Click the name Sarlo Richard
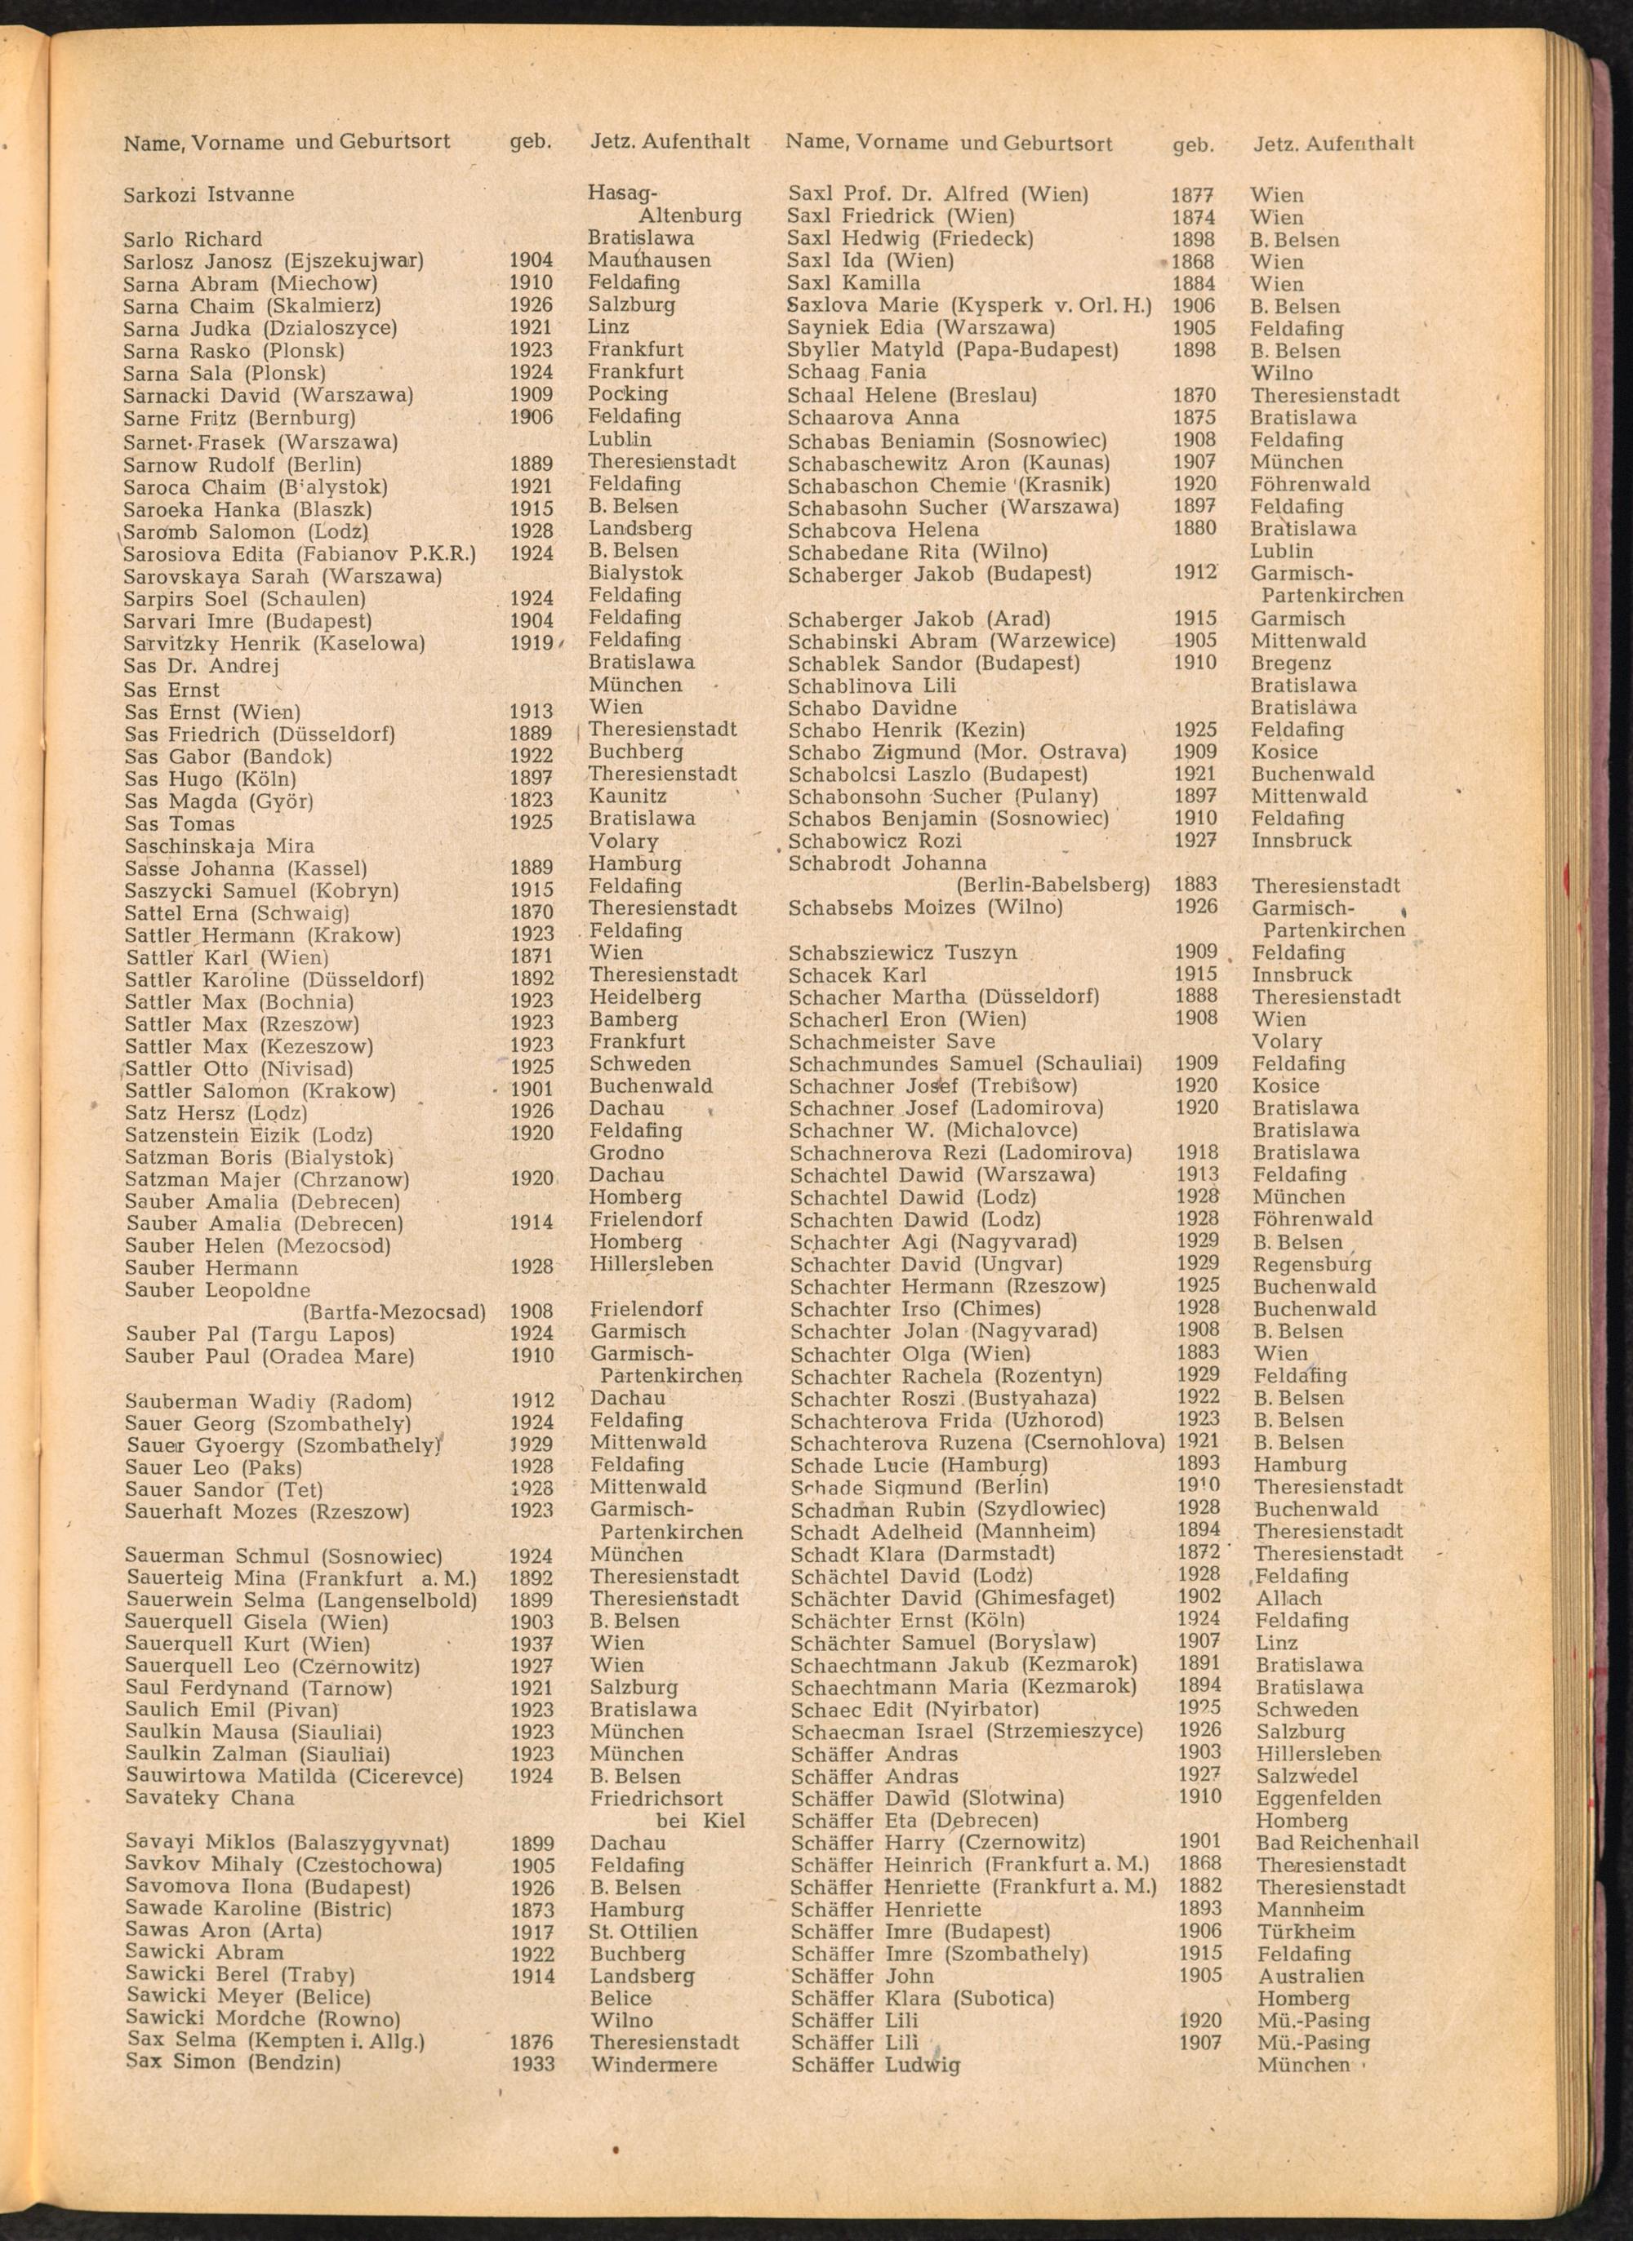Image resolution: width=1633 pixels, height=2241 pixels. (x=193, y=239)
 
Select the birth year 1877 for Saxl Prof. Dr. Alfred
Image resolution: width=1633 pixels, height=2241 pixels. (x=1192, y=195)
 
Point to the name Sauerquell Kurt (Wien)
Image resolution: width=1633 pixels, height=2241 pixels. (x=247, y=1644)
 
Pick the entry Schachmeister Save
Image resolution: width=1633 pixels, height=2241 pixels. (x=892, y=1041)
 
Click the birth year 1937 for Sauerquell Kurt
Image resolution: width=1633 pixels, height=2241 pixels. (x=532, y=1644)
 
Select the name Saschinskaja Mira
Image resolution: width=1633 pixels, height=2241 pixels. (x=220, y=845)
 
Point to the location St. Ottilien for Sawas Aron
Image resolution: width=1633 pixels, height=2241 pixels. (x=643, y=1931)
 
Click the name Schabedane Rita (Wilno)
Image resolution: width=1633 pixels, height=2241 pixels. (x=917, y=552)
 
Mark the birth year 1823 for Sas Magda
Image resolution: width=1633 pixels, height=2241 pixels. (x=531, y=800)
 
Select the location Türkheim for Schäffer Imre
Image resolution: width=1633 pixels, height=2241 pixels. (x=1306, y=1931)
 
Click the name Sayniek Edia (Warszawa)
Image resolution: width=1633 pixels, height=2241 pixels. (x=920, y=327)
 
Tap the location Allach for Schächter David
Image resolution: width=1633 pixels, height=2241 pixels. (x=1288, y=1598)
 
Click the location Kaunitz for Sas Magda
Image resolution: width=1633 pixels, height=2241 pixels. (x=628, y=796)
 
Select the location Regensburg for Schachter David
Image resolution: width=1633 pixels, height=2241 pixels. (x=1313, y=1264)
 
